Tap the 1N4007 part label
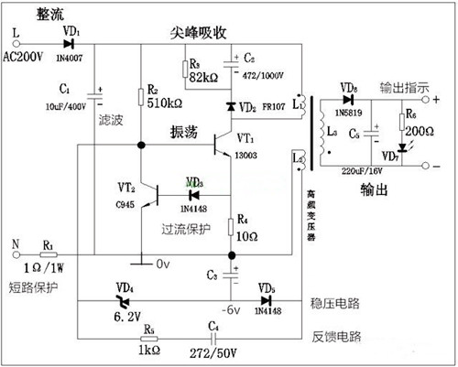tap(71, 57)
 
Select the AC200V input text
tap(26, 58)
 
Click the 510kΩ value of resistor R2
tap(166, 103)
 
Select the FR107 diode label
tap(270, 107)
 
